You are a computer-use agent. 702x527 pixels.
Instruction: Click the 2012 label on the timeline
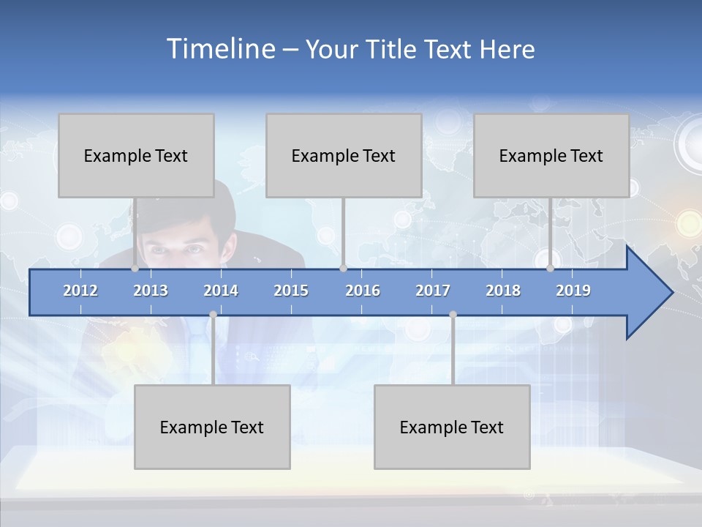80,291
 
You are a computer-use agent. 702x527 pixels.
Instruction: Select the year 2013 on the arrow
151,291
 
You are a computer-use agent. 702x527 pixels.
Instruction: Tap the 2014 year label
221,291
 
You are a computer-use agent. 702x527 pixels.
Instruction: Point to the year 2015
291,291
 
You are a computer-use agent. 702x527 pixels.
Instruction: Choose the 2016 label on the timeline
363,291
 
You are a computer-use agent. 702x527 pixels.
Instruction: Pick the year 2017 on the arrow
433,291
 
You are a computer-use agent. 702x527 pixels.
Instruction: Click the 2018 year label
503,291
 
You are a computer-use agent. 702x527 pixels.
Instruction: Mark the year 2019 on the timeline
573,291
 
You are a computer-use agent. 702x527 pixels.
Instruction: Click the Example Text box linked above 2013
136,155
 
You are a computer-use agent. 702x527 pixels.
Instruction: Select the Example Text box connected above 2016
344,155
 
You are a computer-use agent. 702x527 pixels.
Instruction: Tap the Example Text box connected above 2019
551,155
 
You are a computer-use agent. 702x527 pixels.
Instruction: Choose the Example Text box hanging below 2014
212,427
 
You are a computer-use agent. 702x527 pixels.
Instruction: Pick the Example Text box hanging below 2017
452,427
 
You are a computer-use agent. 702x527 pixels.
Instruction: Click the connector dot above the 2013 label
135,268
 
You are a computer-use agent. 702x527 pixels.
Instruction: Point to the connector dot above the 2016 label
343,268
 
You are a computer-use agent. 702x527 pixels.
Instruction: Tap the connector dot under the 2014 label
213,315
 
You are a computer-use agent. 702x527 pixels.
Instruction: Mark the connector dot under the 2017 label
453,315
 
